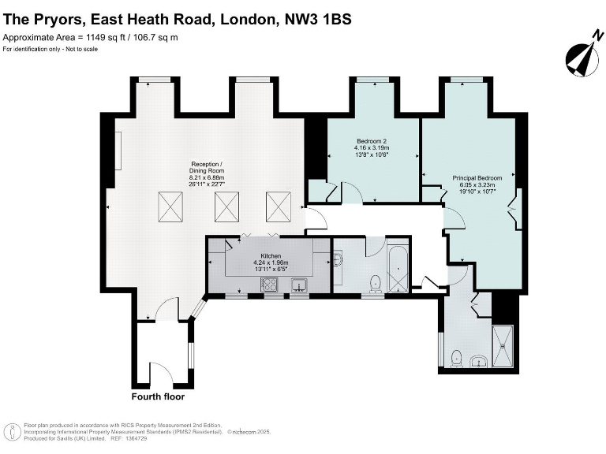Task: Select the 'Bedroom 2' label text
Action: click(x=372, y=143)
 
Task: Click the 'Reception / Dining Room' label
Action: click(x=207, y=167)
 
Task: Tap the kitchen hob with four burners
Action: click(x=271, y=286)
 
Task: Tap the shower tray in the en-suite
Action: click(x=502, y=347)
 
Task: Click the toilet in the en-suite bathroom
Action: click(x=455, y=359)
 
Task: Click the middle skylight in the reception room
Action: click(x=227, y=207)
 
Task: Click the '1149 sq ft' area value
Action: click(x=106, y=37)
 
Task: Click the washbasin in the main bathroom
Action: click(x=339, y=259)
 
